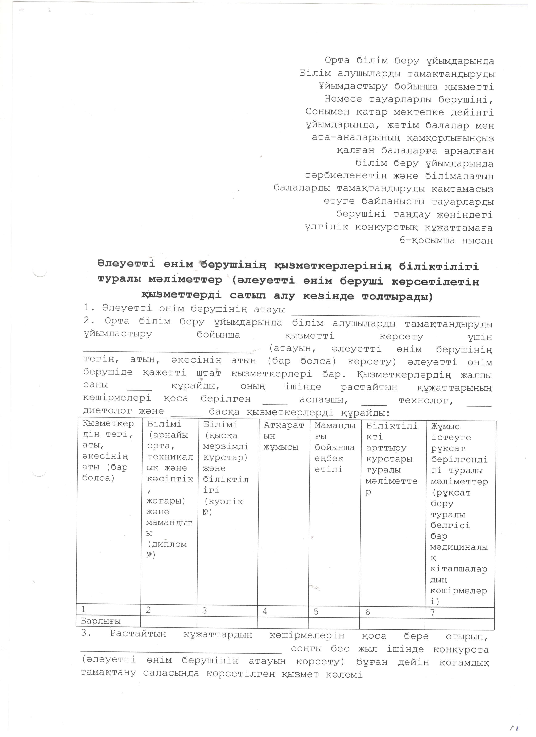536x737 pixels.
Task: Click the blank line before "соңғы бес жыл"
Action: [x=181, y=651]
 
